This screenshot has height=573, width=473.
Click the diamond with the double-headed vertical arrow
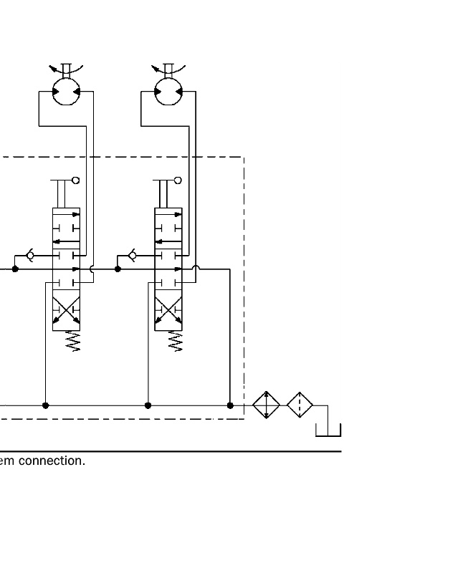(266, 405)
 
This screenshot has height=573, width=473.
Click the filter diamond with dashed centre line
(300, 405)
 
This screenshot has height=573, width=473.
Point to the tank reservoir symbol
(328, 430)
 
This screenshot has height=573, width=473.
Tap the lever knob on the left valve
(76, 180)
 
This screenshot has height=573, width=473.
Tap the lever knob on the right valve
(178, 180)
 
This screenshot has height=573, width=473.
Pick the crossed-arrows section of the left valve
(67, 311)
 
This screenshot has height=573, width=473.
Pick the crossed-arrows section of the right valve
(168, 311)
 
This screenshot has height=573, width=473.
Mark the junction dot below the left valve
(46, 405)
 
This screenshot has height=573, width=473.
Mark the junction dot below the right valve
(148, 405)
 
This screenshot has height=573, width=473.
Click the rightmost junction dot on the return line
(230, 405)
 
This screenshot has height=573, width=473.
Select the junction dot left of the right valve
(118, 269)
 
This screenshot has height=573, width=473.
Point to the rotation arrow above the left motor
(66, 69)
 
